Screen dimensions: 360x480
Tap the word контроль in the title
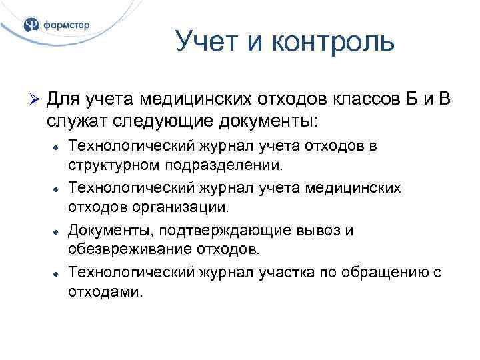(x=333, y=43)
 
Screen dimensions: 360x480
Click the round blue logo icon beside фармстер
(x=31, y=25)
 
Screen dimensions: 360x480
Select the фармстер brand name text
(x=66, y=25)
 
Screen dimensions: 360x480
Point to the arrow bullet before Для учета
(x=37, y=100)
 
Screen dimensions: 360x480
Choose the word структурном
(x=111, y=163)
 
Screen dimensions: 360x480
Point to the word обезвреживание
(x=122, y=249)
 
